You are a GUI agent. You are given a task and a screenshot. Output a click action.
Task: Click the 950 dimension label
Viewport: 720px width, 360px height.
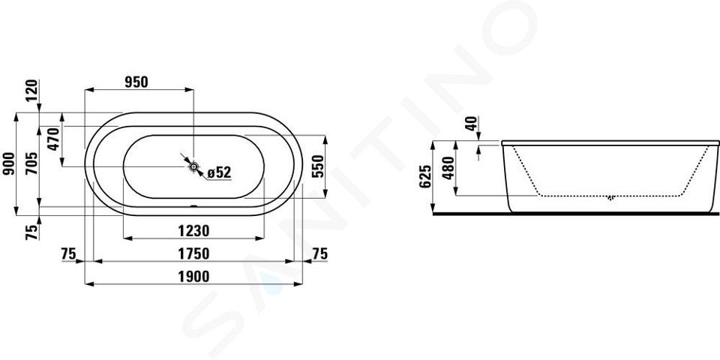click(136, 82)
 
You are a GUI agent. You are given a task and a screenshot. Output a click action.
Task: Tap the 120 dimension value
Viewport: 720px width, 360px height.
click(32, 91)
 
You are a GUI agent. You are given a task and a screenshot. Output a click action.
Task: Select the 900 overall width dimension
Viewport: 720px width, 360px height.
click(9, 163)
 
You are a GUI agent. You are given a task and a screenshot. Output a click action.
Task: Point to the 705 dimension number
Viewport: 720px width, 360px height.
click(31, 163)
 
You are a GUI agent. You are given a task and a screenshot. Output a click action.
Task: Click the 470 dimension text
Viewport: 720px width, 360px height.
click(54, 139)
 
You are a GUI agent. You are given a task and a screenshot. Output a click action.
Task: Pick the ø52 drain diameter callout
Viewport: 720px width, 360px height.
click(219, 172)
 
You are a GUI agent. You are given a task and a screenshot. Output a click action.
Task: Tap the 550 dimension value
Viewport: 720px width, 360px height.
click(317, 166)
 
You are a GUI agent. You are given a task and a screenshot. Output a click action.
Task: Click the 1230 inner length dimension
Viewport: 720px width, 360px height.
click(193, 230)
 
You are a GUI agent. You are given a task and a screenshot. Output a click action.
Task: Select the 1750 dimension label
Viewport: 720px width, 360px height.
click(193, 253)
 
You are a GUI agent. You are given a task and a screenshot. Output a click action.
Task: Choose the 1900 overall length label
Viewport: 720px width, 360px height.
click(193, 277)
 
